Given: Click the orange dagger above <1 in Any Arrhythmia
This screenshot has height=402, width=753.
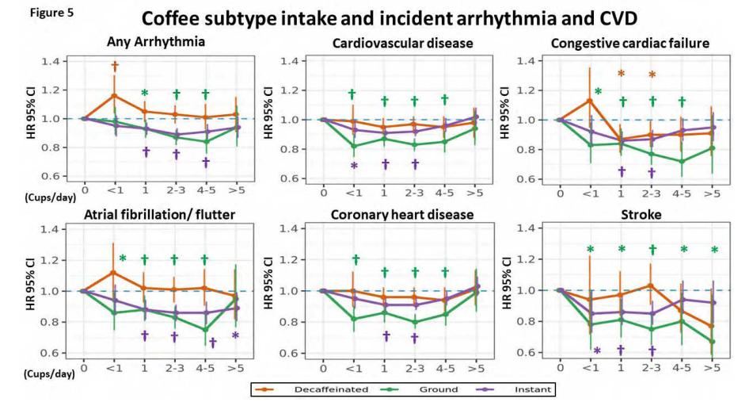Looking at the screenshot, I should (115, 67).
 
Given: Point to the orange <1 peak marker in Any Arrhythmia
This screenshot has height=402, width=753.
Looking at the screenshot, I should (115, 95).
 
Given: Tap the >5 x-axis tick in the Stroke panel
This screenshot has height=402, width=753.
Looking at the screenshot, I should (713, 367).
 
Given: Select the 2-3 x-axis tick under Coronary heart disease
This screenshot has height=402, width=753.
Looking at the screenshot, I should (414, 367).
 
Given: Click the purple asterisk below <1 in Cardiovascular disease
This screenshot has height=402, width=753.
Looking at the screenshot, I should (354, 166).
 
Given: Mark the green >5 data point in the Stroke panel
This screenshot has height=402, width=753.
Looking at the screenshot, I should (713, 342).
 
